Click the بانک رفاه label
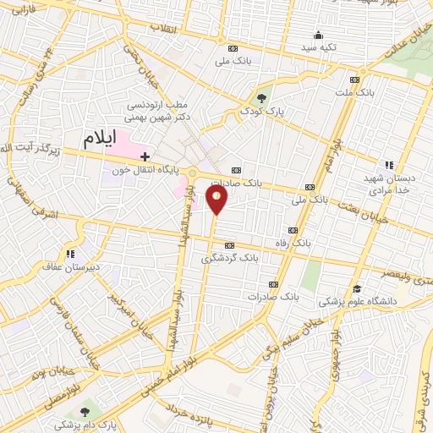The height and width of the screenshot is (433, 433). coord(312,240)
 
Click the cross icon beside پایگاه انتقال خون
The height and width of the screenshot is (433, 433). coord(145,156)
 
